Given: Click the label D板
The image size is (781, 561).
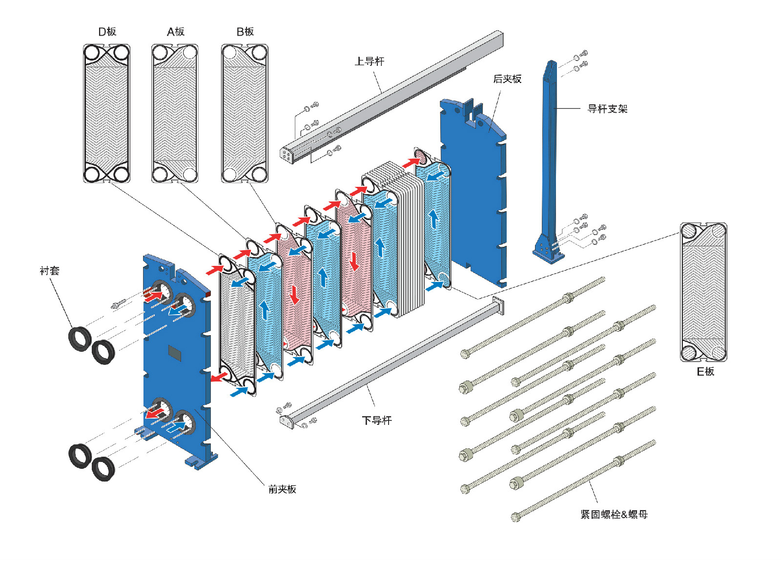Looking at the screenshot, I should coord(107,32).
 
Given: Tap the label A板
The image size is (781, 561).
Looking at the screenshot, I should coord(175,32).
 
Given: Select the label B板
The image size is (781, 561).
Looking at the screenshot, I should coord(245,32).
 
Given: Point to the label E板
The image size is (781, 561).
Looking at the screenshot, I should coord(705,372).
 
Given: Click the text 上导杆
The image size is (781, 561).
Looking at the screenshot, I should coord(370,61).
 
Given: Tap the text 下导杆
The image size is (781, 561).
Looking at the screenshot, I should coord(377,421).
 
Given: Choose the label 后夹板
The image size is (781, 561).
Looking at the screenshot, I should coord(507,79).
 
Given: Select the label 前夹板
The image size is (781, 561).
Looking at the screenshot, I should coord(282,489).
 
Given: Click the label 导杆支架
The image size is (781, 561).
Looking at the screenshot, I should coord(607,109).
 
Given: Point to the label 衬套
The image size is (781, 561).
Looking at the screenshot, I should coord(49,271).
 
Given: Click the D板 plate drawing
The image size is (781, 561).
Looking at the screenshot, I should coord(106,113).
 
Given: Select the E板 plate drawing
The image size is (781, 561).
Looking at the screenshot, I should coord(703,292).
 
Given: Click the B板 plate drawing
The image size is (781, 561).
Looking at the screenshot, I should coord(245,113).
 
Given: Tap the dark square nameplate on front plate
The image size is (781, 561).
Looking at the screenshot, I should coord(175,353).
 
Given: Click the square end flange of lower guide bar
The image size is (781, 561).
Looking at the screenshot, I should coord(498,306).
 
